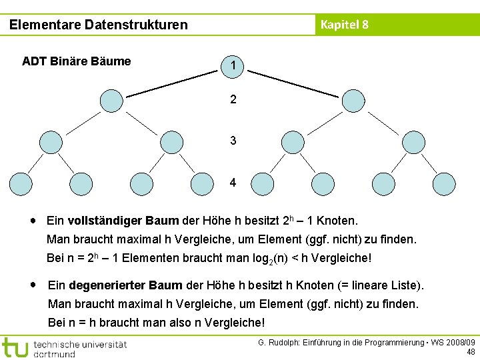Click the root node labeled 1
point(233,65)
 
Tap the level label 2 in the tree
point(233,100)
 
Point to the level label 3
point(233,141)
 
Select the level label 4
point(233,183)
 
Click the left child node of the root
point(111,101)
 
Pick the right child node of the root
point(353,101)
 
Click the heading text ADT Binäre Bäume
point(76,62)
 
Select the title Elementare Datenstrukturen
point(99,25)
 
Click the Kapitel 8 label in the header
point(344,25)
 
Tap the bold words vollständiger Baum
point(123,220)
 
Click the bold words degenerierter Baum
point(125,285)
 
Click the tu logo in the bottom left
point(15,348)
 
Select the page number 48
point(471,352)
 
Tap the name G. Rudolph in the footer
point(280,342)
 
